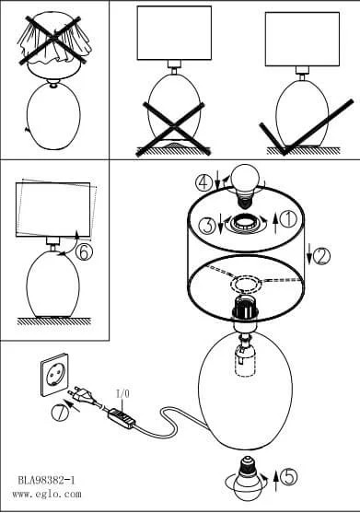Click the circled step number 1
point(288,219)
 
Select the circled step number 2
point(321,256)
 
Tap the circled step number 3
point(207,225)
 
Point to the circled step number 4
point(203,182)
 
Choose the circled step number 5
point(289,476)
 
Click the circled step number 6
point(84,252)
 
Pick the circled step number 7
point(60,412)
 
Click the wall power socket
point(54,375)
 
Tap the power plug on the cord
point(84,397)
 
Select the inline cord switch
point(122,418)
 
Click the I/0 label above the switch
point(122,394)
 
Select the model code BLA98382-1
point(46,480)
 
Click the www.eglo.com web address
point(46,494)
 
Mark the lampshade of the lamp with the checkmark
point(302,40)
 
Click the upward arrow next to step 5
point(276,480)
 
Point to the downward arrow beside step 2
point(308,255)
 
